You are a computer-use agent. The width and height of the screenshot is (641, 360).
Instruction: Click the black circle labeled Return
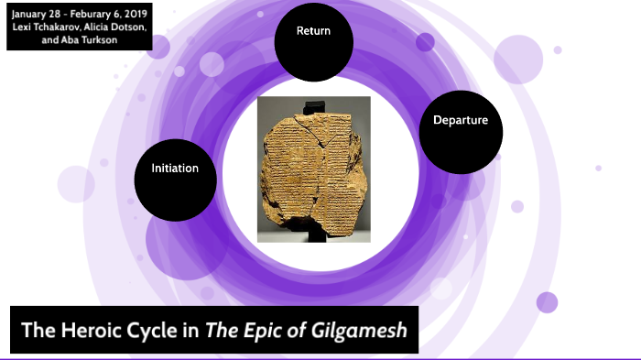(314, 41)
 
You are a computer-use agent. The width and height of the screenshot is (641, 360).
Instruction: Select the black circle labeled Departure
(461, 129)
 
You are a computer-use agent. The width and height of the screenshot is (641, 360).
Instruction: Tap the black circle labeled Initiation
(175, 178)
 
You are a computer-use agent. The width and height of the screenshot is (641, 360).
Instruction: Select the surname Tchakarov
(57, 26)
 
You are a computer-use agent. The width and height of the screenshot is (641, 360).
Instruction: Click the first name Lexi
(22, 26)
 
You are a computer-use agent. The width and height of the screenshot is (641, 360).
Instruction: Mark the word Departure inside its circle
(461, 120)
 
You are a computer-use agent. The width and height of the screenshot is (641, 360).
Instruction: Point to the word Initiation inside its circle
(175, 169)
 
